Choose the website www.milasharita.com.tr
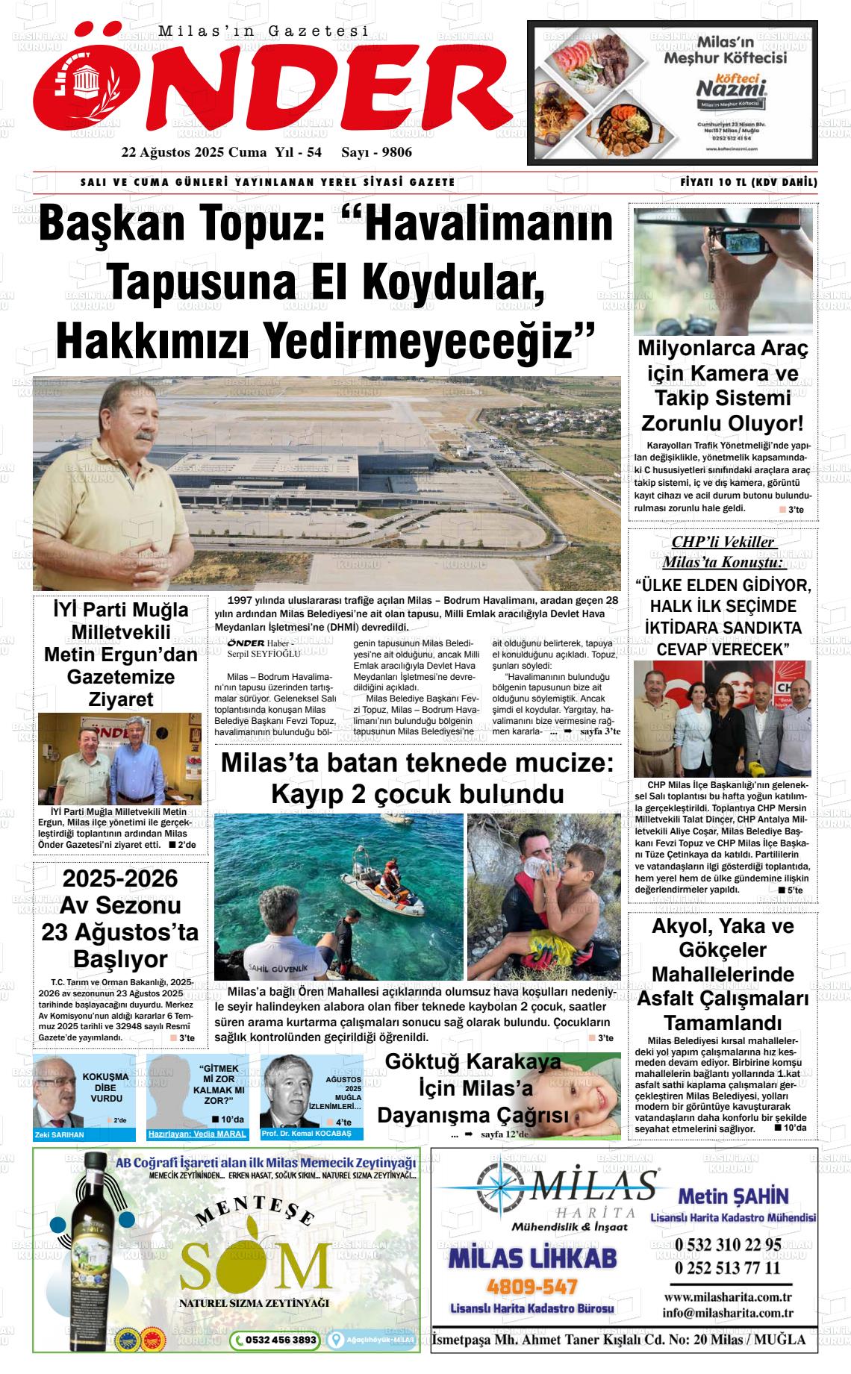click(727, 1297)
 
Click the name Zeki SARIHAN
click(60, 1134)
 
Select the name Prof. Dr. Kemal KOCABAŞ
click(306, 1134)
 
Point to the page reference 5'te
click(794, 890)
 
